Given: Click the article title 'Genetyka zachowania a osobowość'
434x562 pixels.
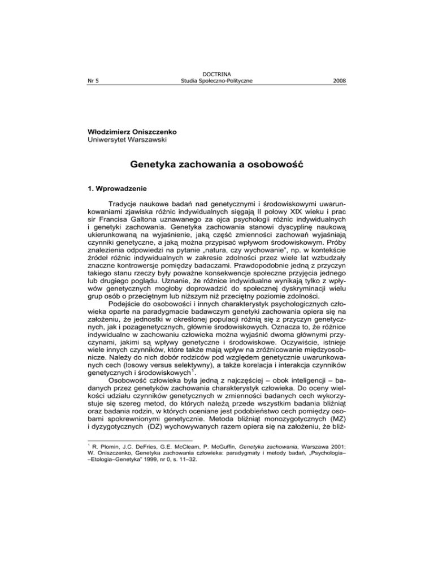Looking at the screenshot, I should click(217, 167).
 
